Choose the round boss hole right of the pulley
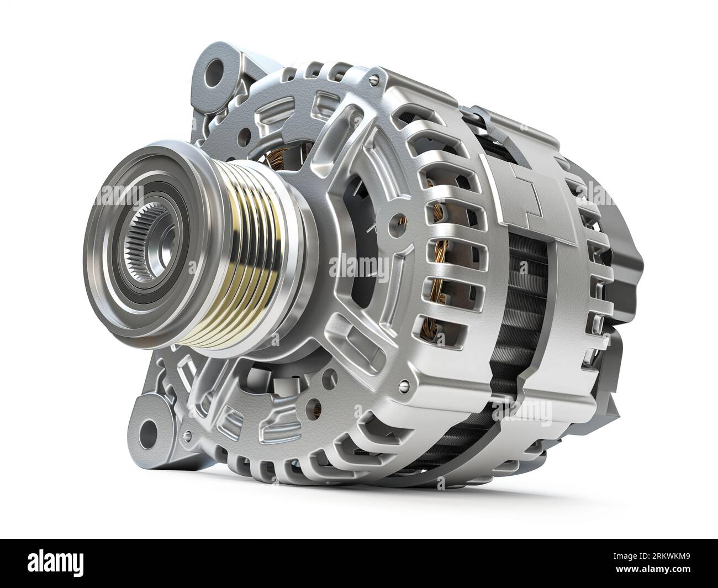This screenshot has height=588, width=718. point(394,222)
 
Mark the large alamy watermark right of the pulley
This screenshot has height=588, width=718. point(359,267)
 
